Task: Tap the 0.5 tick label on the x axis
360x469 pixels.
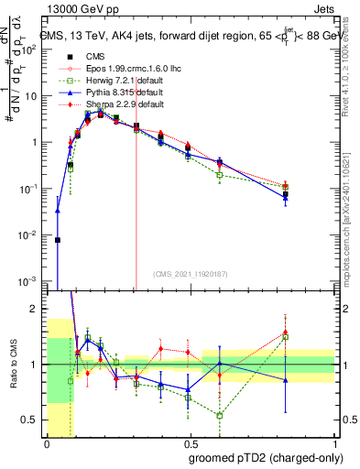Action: [191, 444]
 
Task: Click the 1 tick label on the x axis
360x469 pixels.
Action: [333, 444]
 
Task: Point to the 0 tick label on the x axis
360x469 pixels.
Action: [47, 444]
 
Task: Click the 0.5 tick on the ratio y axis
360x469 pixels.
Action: [32, 420]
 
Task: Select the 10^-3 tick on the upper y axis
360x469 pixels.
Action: [30, 281]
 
